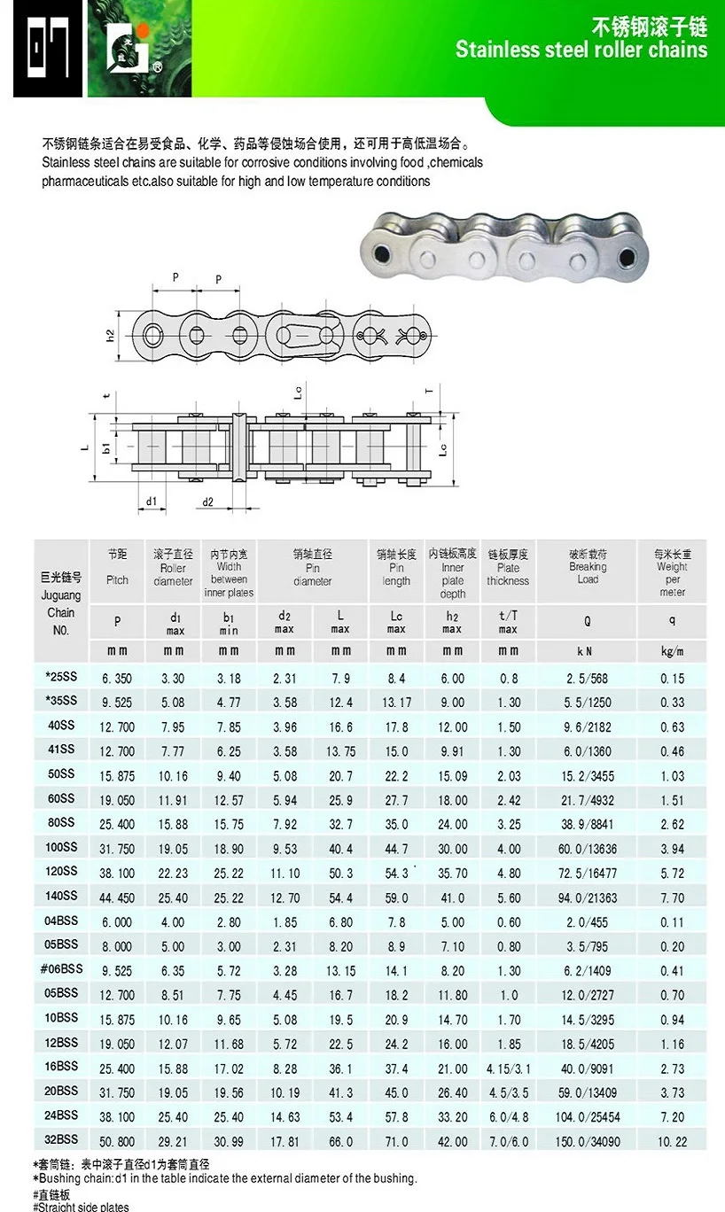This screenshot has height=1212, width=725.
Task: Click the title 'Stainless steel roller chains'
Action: (x=581, y=50)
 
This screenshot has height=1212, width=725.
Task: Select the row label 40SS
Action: (x=61, y=726)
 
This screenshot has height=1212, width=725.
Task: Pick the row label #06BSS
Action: (x=61, y=969)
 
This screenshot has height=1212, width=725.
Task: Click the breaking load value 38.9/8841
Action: (x=587, y=824)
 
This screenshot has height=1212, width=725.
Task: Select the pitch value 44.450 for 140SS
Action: (x=117, y=897)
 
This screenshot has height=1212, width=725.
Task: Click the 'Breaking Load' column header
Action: (x=587, y=572)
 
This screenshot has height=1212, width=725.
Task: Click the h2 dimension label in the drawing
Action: (x=110, y=336)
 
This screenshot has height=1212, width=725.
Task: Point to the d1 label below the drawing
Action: (x=152, y=501)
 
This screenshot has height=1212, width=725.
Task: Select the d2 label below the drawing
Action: (x=208, y=502)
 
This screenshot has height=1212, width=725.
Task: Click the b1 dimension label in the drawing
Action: (x=105, y=447)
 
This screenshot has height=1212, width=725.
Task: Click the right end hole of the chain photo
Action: (x=628, y=258)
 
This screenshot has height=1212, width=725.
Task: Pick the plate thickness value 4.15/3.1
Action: (x=508, y=1068)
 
